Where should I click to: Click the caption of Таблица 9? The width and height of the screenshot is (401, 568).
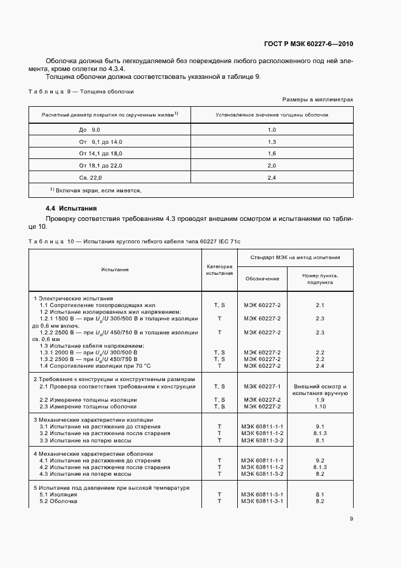click(x=82, y=92)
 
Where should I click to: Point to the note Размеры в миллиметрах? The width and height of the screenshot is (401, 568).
click(x=318, y=99)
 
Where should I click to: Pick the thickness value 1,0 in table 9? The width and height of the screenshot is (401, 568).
click(x=272, y=130)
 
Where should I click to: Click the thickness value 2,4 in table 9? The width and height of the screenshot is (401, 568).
click(x=272, y=177)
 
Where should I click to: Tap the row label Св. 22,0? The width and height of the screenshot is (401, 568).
click(x=91, y=177)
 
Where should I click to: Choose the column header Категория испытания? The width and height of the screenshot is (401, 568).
click(x=219, y=269)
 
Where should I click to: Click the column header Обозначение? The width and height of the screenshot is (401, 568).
click(x=262, y=279)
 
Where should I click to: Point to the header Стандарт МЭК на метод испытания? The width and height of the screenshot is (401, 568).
click(x=295, y=257)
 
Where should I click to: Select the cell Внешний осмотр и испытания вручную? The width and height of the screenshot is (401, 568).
click(x=320, y=390)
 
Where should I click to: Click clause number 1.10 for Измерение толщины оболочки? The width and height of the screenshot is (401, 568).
click(x=320, y=407)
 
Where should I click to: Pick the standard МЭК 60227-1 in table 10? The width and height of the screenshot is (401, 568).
click(x=262, y=387)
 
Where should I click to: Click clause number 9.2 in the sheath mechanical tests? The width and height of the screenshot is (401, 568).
click(x=320, y=461)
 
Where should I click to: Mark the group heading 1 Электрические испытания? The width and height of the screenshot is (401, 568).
click(x=73, y=299)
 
